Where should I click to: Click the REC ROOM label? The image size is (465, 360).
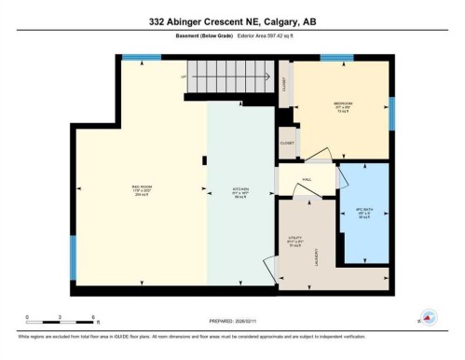tap(142, 189)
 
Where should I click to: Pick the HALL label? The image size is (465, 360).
tap(306, 180)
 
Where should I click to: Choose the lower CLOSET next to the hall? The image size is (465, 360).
tap(286, 145)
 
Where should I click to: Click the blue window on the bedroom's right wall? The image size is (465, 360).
tap(391, 113)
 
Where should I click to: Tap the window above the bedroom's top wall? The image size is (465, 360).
tap(336, 58)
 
